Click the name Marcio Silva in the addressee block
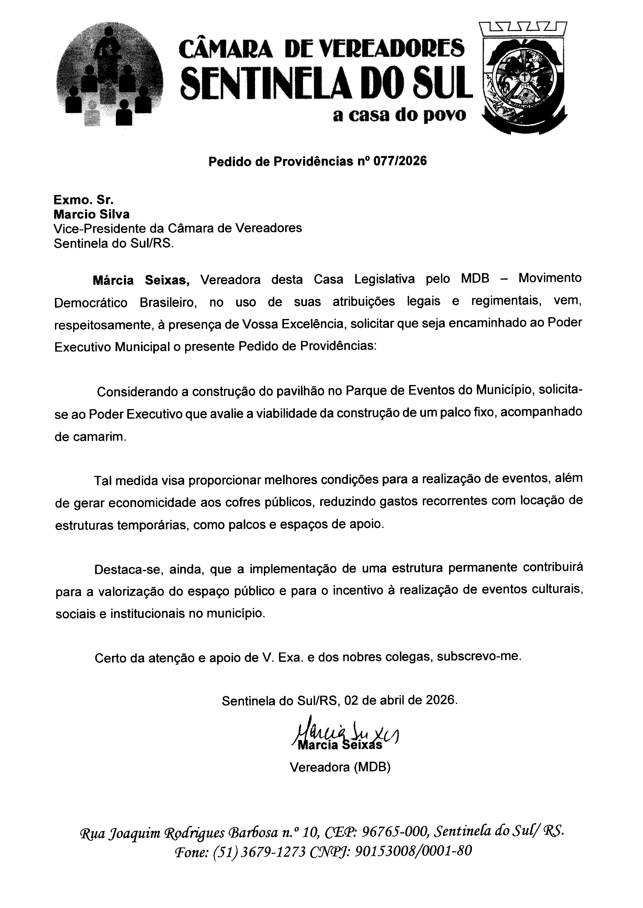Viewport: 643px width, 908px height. click(x=92, y=214)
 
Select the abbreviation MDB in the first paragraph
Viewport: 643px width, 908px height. click(x=475, y=279)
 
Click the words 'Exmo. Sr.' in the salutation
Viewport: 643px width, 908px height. click(x=83, y=200)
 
